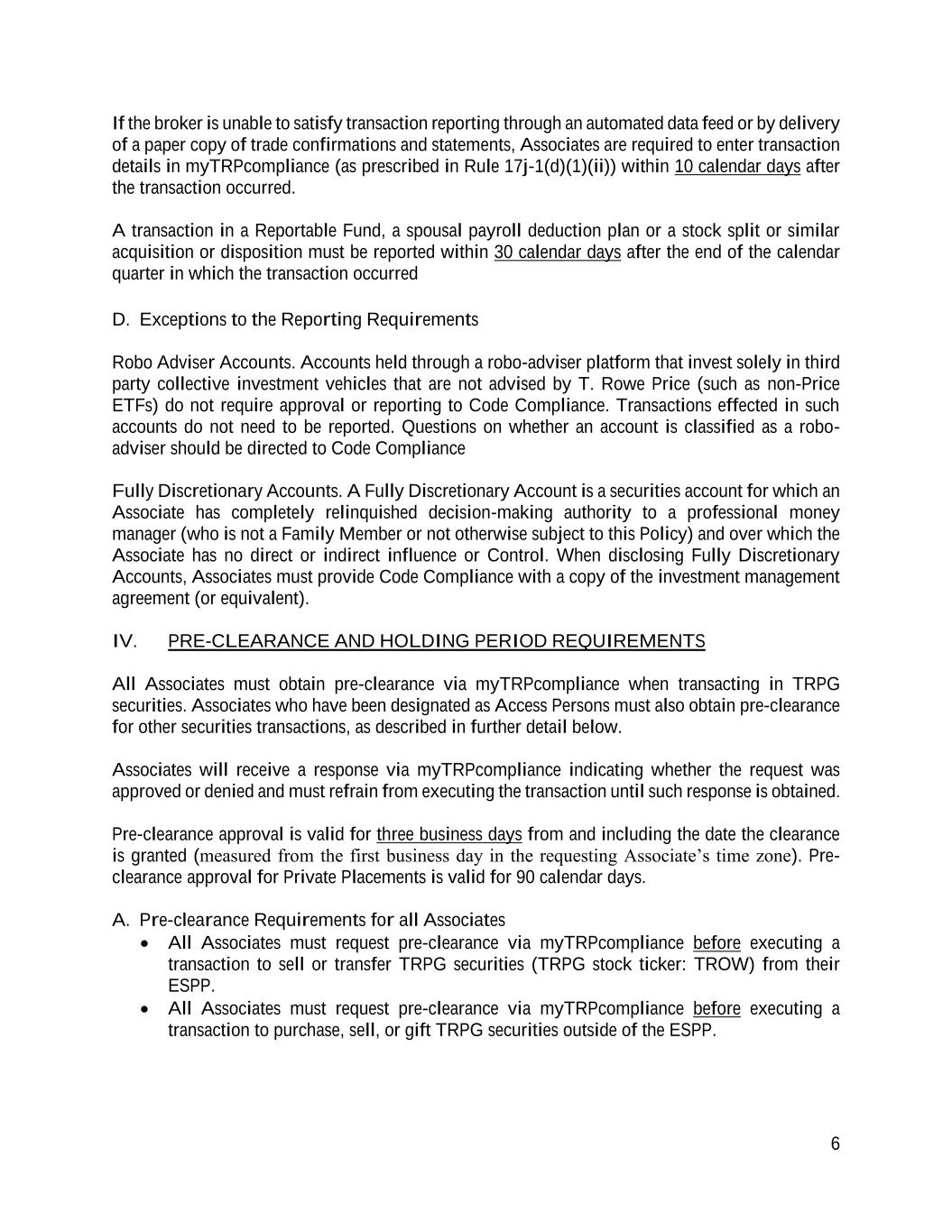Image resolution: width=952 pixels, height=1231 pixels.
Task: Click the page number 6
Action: (835, 1144)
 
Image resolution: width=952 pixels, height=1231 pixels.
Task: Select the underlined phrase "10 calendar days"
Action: (737, 166)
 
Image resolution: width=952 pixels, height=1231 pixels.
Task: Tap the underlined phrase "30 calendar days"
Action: (557, 252)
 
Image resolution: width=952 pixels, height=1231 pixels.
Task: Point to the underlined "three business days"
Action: (448, 834)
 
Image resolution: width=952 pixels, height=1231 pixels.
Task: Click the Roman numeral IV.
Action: (125, 641)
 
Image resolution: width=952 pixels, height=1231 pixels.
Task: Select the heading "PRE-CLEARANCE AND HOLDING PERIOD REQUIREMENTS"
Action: (436, 641)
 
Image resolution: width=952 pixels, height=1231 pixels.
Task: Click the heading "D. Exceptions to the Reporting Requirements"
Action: (295, 320)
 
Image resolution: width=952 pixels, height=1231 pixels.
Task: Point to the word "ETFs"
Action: (132, 406)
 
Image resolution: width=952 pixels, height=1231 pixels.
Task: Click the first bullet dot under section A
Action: (146, 943)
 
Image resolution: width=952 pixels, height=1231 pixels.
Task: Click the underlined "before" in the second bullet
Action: (716, 1008)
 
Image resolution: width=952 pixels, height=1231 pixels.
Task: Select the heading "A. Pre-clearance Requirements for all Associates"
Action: (309, 920)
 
